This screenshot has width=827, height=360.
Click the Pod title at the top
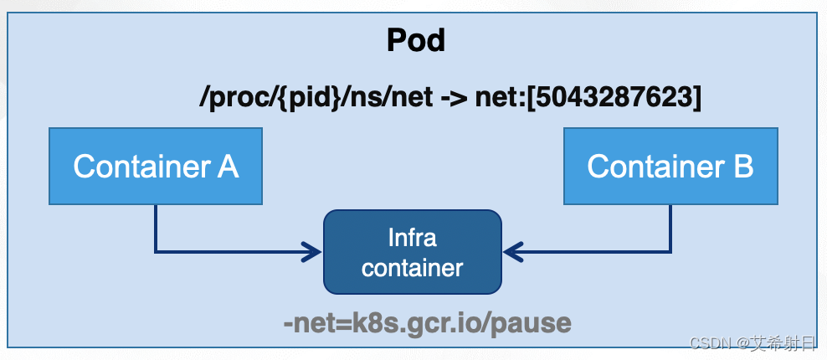click(415, 39)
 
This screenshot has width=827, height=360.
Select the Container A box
click(156, 166)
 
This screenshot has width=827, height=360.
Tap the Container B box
click(670, 166)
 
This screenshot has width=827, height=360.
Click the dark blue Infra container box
click(412, 252)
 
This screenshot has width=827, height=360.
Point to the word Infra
click(412, 238)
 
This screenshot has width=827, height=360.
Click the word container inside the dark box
click(412, 268)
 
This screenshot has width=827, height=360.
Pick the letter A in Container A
click(228, 167)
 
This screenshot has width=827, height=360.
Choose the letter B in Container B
click(743, 167)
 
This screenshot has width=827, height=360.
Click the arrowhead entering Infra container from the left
click(315, 250)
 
